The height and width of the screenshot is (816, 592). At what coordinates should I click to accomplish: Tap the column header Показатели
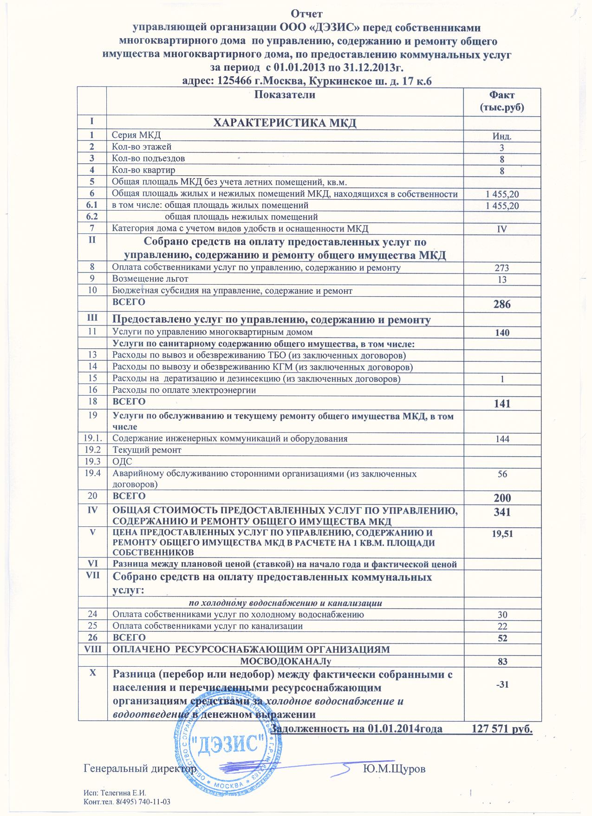(285, 95)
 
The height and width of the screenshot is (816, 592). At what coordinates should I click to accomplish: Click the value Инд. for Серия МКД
(502, 137)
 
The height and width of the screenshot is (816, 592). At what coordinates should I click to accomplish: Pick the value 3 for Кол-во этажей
(502, 148)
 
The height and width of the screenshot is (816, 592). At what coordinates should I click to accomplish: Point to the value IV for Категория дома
(502, 229)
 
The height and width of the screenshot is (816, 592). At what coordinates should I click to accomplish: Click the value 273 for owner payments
(502, 268)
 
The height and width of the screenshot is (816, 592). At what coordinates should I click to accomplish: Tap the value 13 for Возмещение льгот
(502, 280)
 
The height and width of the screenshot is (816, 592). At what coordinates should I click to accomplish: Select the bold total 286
(502, 305)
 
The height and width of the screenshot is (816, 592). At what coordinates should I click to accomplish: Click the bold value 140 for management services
(502, 333)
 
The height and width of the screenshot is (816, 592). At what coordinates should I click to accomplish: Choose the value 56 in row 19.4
(502, 474)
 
